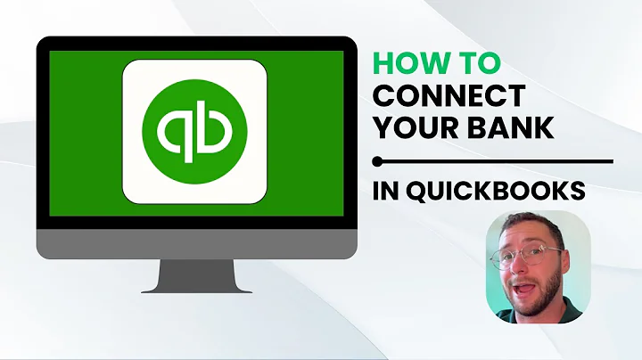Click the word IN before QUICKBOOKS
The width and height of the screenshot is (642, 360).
pyautogui.click(x=388, y=191)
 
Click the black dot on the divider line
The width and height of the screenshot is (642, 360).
pyautogui.click(x=378, y=161)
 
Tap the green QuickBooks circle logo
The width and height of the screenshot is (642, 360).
pyautogui.click(x=195, y=129)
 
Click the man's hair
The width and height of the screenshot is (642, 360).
pyautogui.click(x=526, y=227)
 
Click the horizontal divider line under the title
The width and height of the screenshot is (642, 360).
pyautogui.click(x=499, y=161)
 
